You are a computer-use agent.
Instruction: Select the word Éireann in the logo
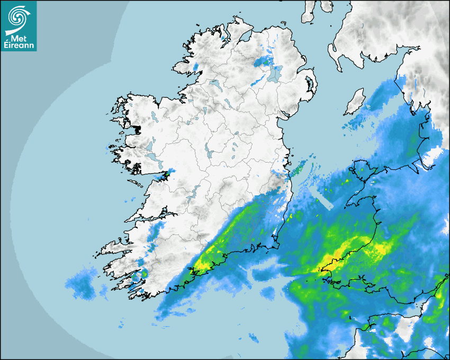[18, 46]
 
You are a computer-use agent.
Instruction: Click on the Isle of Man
[355, 102]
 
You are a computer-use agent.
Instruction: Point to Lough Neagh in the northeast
[274, 74]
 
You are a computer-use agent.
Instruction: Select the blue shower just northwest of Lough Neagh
[261, 62]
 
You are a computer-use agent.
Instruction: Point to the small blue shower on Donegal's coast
[195, 67]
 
